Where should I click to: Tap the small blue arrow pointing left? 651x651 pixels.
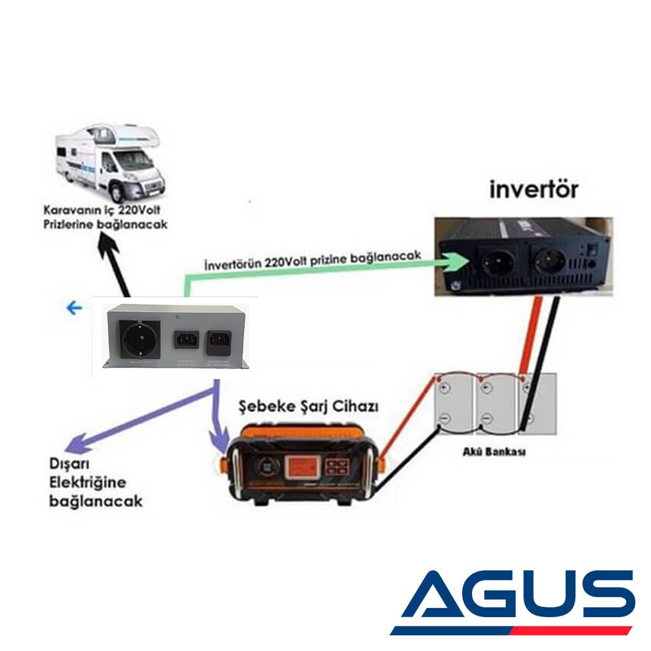pos(75,308)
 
